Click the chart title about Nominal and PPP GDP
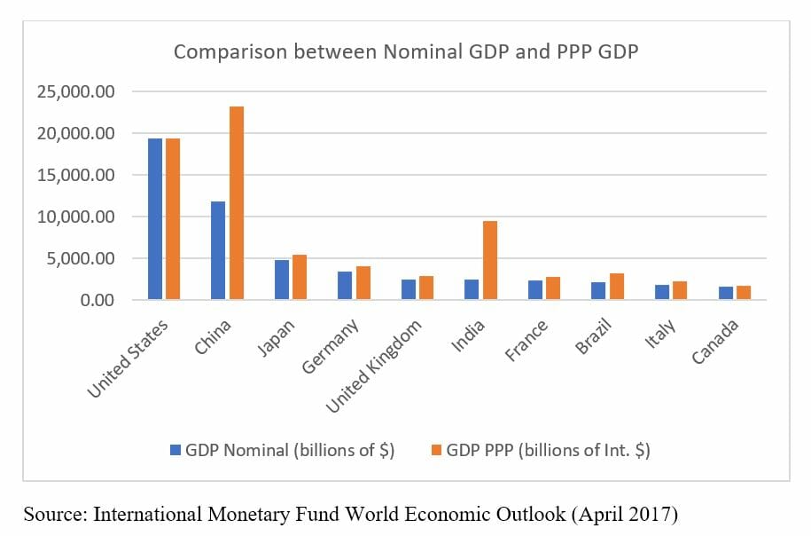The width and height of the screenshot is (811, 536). point(405,51)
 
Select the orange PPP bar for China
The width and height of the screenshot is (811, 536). point(237,203)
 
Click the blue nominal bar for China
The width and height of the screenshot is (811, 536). point(218,250)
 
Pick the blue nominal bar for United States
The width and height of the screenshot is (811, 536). point(155,219)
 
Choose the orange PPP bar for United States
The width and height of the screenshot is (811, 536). point(173,219)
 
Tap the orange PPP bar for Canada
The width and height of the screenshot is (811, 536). point(744,293)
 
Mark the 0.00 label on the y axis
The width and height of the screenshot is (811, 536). point(98,301)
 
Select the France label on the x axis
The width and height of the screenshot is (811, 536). point(526,340)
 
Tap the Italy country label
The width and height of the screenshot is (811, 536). point(660,335)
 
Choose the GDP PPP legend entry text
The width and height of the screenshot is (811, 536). point(548,450)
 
